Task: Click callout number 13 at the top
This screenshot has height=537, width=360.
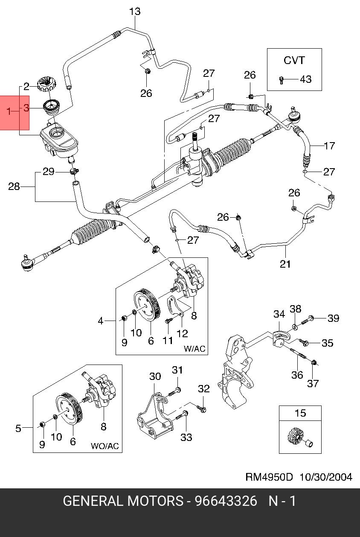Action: tap(135, 12)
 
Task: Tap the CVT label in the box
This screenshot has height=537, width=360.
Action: tap(294, 61)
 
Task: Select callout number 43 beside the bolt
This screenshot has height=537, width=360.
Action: tap(306, 79)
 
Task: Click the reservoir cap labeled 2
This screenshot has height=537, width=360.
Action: tap(46, 84)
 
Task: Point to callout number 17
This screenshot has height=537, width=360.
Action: tap(329, 146)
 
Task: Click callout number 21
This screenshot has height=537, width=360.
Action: tap(285, 264)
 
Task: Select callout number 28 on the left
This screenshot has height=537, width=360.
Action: tap(14, 186)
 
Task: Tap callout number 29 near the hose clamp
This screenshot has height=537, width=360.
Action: tap(48, 172)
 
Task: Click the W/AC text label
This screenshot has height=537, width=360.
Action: tap(195, 349)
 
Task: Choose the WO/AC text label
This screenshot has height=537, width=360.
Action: tap(105, 446)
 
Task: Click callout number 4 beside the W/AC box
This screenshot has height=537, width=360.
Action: tap(101, 321)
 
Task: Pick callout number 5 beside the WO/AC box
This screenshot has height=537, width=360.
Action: tap(18, 429)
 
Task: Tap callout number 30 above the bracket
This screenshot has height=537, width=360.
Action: tap(155, 376)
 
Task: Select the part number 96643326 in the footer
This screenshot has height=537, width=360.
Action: tap(226, 501)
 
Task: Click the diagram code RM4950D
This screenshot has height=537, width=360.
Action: tap(269, 477)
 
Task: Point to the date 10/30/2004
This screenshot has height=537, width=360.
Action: tap(326, 477)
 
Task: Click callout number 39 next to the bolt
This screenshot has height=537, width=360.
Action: tap(334, 318)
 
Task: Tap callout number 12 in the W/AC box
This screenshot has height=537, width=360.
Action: tap(182, 333)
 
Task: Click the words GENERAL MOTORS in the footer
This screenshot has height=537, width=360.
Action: tap(123, 501)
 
